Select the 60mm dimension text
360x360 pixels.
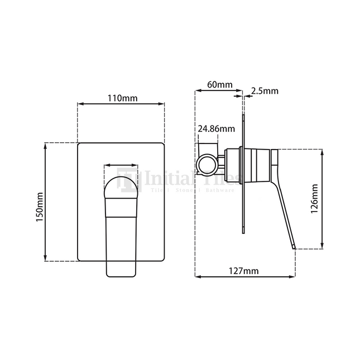pos(219,85)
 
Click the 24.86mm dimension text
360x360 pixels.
pos(216,129)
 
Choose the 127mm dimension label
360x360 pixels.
pos(244,271)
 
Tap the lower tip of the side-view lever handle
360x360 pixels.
pos(292,246)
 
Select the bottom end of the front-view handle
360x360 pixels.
pos(121,274)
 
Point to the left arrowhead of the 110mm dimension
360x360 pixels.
pos(80,104)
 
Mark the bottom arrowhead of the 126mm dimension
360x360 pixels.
pos(323,246)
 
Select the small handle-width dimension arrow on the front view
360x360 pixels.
pos(121,165)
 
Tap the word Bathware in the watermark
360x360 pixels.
pos(220,190)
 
